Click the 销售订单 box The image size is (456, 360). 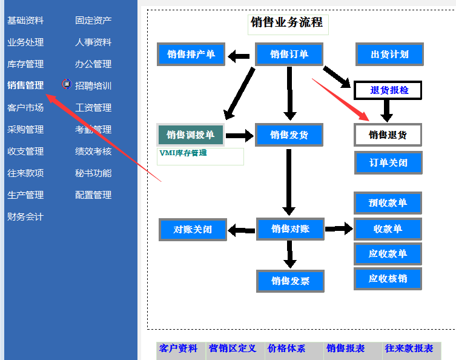[x=289, y=55]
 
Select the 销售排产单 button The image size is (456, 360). [x=191, y=55]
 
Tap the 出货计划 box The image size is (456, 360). [x=389, y=55]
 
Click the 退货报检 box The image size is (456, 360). [x=388, y=90]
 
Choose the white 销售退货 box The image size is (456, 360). [x=388, y=135]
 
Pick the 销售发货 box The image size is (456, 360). [x=289, y=135]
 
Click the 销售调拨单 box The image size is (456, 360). [x=191, y=135]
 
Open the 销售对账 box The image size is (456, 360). [x=290, y=228]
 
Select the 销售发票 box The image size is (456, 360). [x=290, y=281]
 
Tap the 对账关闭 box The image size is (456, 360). [x=193, y=229]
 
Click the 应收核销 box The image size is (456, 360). [x=388, y=278]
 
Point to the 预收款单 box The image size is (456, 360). [x=388, y=202]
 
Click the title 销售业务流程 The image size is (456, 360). [x=287, y=23]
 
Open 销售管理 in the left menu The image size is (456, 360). [x=25, y=85]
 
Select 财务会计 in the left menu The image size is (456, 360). [x=25, y=216]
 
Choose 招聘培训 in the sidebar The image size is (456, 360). [x=93, y=85]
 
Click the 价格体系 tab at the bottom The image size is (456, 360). [x=286, y=348]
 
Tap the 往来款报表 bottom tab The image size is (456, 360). [x=409, y=348]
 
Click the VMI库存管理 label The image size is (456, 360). [x=183, y=153]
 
